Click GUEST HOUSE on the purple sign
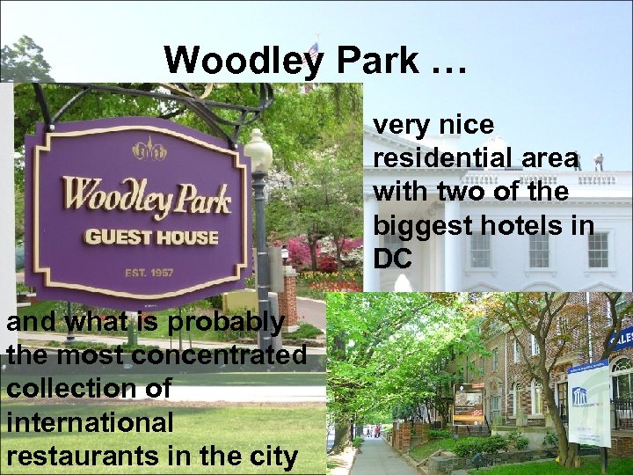(x=150, y=236)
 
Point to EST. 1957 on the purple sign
(x=149, y=272)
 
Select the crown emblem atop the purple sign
(x=149, y=150)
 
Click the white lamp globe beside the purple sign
(x=258, y=151)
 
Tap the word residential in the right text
(x=432, y=158)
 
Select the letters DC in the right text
(x=392, y=259)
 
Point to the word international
(x=90, y=423)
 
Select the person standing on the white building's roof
(x=599, y=162)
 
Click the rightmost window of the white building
(x=599, y=250)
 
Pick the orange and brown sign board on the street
(x=469, y=403)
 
